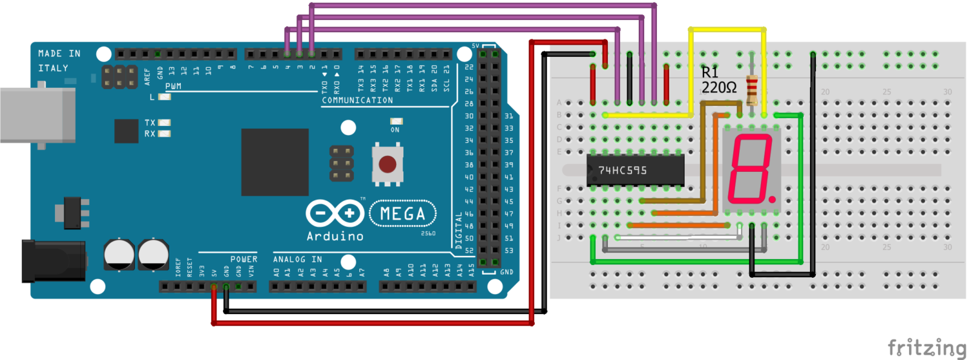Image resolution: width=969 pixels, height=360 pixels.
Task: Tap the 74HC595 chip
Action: (x=635, y=171)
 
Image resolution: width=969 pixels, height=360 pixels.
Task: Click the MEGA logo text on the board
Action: (x=402, y=213)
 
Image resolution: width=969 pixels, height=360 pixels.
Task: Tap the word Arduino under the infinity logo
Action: (x=334, y=236)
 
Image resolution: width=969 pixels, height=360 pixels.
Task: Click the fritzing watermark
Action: (x=926, y=347)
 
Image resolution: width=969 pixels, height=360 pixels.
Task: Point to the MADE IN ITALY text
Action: (x=59, y=60)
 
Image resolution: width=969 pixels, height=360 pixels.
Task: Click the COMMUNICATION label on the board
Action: (x=357, y=100)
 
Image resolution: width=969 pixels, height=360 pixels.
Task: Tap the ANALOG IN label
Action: (x=297, y=259)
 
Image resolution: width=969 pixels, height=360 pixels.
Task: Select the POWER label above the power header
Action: (x=244, y=259)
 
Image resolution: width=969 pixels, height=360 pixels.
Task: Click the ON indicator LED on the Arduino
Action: (x=395, y=121)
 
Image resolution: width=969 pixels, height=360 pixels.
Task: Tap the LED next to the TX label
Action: (x=165, y=123)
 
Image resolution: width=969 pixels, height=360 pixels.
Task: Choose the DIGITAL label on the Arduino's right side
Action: (x=459, y=230)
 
